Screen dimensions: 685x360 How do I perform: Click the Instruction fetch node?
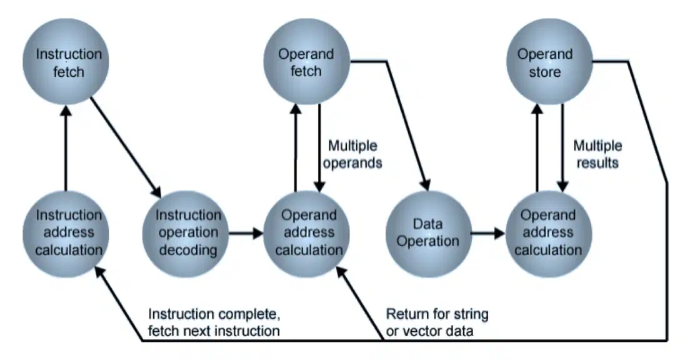66,62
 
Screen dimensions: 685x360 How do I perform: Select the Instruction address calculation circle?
66,234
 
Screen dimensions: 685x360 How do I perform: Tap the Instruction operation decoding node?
186,234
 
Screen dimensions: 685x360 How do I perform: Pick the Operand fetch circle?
307,62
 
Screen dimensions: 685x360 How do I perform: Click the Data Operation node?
429,234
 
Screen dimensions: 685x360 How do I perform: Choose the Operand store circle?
549,62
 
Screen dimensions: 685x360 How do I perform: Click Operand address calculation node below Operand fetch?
307,234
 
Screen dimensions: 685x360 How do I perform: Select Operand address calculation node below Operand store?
549,234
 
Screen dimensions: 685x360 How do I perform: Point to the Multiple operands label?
352,154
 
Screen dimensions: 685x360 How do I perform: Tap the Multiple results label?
597,154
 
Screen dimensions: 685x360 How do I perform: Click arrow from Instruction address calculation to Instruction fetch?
66,148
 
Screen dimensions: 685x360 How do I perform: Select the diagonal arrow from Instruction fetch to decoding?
126,147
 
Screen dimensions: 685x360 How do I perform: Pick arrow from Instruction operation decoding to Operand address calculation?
246,233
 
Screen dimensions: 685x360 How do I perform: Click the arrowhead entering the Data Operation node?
426,185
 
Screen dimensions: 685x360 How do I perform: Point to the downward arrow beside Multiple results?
562,148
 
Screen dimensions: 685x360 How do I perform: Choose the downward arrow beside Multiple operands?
319,148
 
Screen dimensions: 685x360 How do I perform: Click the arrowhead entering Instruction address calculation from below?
100,272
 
